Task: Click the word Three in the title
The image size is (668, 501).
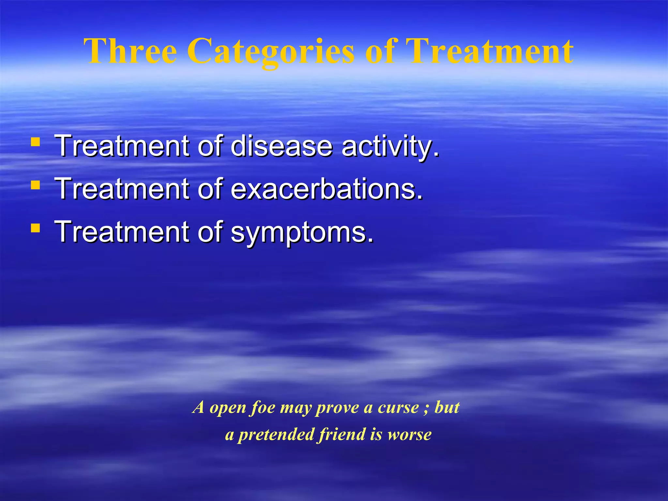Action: click(130, 52)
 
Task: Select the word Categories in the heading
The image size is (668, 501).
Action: click(271, 52)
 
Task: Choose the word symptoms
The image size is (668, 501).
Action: click(302, 232)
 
